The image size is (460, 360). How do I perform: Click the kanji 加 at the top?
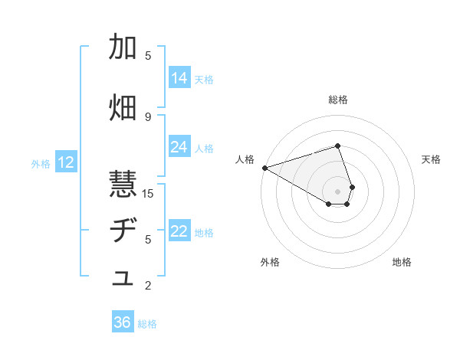click(123, 47)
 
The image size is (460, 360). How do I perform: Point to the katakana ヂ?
click(123, 231)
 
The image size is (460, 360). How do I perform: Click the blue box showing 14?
click(179, 78)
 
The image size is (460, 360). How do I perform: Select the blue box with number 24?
click(179, 147)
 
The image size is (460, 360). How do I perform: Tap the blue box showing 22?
click(179, 231)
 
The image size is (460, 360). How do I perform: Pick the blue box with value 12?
click(66, 162)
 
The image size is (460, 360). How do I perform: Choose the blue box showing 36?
click(123, 322)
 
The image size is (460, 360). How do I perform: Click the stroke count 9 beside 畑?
click(148, 116)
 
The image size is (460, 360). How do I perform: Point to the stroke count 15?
click(149, 193)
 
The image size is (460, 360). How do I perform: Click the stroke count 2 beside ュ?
click(148, 286)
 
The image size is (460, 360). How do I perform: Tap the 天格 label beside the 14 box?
click(204, 79)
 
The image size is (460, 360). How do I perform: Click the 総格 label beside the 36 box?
click(147, 324)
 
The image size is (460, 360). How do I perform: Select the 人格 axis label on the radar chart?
click(245, 159)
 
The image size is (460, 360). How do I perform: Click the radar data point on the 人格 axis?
click(264, 168)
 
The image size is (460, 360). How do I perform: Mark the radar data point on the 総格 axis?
click(337, 146)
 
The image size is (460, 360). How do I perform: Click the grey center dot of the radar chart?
click(337, 191)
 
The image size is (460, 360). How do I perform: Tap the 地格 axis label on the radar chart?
click(402, 262)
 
